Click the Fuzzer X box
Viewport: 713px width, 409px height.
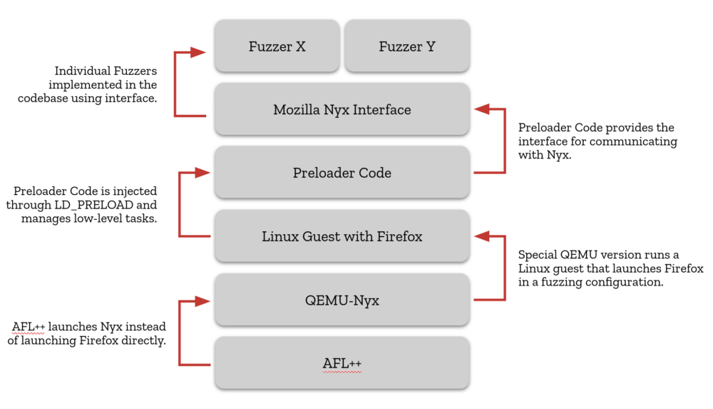click(x=277, y=46)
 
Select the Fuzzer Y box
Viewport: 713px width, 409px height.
click(x=406, y=46)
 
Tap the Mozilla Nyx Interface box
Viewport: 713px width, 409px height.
click(x=342, y=110)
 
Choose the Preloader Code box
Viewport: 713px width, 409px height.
click(x=342, y=173)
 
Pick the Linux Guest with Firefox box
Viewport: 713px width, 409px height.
click(x=342, y=236)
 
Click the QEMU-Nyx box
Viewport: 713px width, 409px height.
click(x=342, y=300)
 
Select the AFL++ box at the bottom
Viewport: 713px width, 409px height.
click(x=342, y=363)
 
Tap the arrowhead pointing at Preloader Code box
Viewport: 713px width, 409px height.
click(x=201, y=173)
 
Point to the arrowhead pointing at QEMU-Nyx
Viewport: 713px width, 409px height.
click(x=201, y=301)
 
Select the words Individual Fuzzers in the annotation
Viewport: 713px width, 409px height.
click(x=106, y=71)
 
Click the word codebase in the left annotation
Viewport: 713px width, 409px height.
click(x=43, y=99)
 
